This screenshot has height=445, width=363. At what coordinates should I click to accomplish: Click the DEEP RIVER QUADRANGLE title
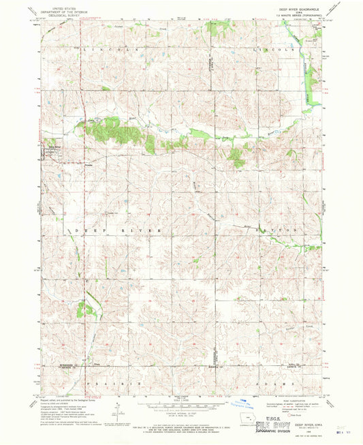(x=296, y=8)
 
